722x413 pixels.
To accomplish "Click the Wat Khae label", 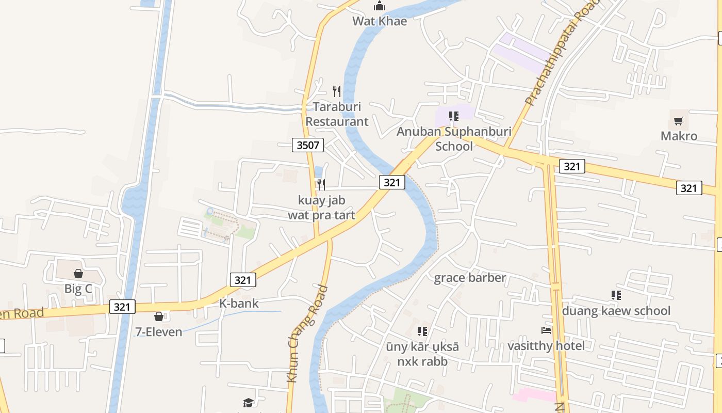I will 380,21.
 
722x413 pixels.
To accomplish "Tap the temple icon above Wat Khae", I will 380,6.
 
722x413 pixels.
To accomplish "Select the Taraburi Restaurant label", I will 337,114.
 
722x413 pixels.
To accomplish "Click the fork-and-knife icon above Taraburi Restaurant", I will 337,91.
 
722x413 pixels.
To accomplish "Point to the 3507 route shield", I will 308,145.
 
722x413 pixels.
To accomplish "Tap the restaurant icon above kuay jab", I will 321,184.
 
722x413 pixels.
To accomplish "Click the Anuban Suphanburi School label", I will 454,138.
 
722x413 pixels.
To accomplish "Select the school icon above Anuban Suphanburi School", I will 454,116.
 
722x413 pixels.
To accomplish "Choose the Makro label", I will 679,136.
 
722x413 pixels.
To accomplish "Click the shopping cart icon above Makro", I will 679,121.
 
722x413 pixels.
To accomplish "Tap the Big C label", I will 78,289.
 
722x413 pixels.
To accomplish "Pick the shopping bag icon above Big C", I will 78,273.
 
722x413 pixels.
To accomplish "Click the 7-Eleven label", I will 159,332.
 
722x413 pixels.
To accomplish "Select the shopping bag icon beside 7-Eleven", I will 159,316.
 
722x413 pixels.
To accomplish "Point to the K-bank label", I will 239,304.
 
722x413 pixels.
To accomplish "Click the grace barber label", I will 470,278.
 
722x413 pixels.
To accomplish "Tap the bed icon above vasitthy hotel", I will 546,330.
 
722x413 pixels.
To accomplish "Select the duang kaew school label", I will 616,311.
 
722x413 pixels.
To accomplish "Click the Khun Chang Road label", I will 307,334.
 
